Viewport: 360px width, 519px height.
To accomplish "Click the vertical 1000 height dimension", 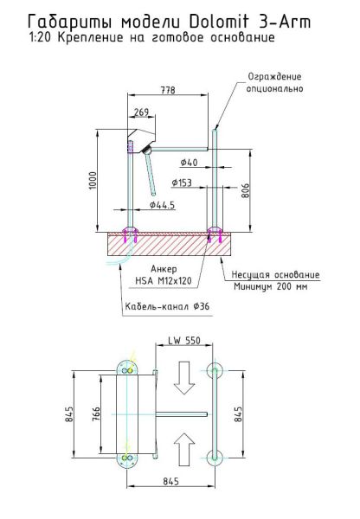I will tap(93, 181).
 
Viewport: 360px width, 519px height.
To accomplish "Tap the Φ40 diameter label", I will tap(190, 162).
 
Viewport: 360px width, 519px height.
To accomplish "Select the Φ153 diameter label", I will tap(182, 183).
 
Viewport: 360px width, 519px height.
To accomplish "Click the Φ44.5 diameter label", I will tap(162, 206).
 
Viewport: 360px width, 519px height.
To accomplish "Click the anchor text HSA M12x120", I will tap(163, 279).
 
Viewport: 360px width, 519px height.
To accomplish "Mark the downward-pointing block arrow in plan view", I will tap(182, 375).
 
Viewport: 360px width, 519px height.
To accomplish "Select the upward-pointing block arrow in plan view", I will tap(182, 450).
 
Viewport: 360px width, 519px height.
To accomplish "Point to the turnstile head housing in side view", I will tap(142, 139).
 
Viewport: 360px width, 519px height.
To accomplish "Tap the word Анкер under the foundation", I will tap(164, 268).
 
